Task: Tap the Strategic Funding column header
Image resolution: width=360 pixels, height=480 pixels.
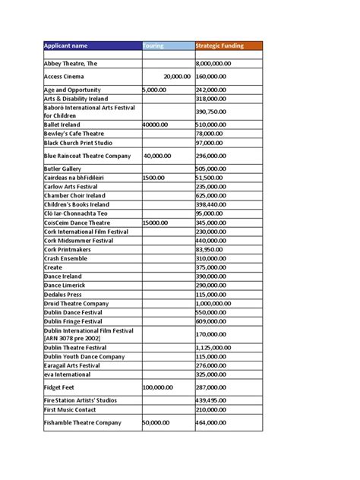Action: coord(219,46)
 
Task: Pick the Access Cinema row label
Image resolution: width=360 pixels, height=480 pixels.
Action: coord(65,77)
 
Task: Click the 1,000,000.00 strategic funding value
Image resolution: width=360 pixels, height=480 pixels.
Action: coord(221,303)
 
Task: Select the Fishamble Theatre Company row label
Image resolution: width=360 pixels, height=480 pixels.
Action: coord(83,422)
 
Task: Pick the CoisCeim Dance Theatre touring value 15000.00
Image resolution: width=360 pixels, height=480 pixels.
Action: coord(159,223)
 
